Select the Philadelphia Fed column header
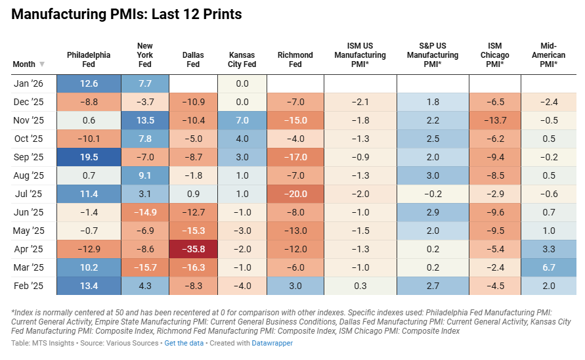pyautogui.click(x=89, y=60)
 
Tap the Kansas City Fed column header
pyautogui.click(x=242, y=60)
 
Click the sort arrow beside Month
pyautogui.click(x=42, y=64)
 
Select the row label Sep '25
pyautogui.click(x=28, y=157)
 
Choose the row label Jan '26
pyautogui.click(x=28, y=83)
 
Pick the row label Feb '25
pyautogui.click(x=28, y=286)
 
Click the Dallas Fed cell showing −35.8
pyautogui.click(x=193, y=249)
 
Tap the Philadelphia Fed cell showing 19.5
pyautogui.click(x=89, y=157)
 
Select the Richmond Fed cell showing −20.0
pyautogui.click(x=295, y=194)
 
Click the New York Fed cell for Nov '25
pyautogui.click(x=145, y=120)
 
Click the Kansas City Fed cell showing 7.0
pyautogui.click(x=242, y=120)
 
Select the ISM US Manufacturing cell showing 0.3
pyautogui.click(x=360, y=286)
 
